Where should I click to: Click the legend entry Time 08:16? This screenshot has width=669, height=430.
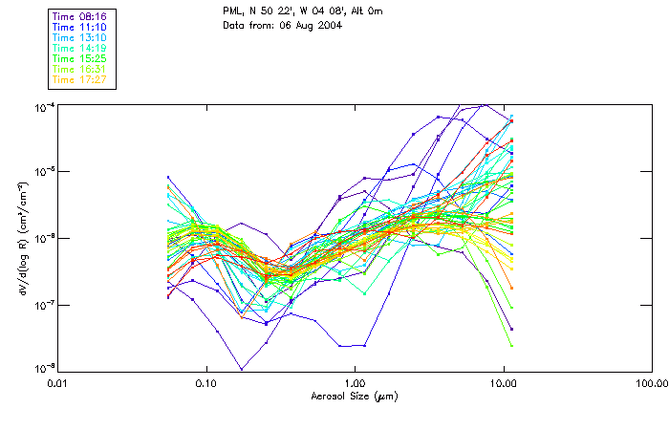(80, 16)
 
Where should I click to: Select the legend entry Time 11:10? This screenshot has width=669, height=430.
(80, 27)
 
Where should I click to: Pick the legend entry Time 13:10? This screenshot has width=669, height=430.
(80, 37)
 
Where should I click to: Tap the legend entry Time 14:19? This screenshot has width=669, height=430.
(80, 48)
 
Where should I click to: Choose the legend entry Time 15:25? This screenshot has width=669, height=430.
(80, 58)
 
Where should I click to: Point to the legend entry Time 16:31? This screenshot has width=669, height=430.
(80, 69)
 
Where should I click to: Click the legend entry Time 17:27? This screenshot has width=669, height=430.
(80, 79)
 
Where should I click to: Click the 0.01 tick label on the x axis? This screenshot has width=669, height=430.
(58, 384)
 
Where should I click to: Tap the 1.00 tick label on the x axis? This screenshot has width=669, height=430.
(355, 384)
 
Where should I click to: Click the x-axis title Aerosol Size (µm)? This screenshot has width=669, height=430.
(355, 396)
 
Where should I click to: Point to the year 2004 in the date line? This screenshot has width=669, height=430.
(330, 25)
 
